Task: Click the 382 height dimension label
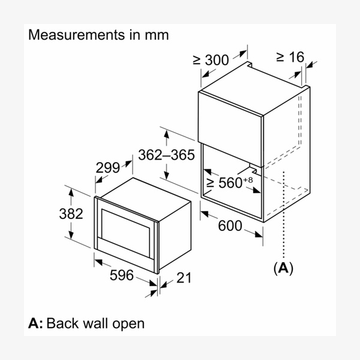click(71, 214)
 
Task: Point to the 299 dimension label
click(109, 169)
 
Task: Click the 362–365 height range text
click(166, 155)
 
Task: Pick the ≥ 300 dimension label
click(211, 59)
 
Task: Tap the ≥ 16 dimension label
click(290, 57)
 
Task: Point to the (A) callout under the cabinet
click(283, 268)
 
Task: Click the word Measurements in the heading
click(72, 35)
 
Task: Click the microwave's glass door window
click(126, 226)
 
